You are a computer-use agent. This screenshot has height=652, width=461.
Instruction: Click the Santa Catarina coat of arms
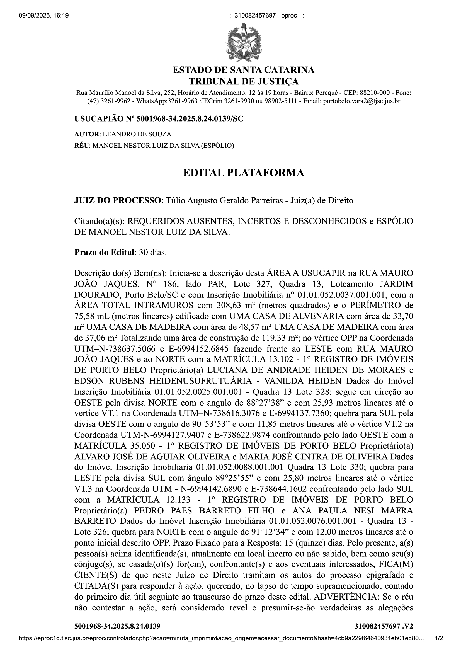point(243,42)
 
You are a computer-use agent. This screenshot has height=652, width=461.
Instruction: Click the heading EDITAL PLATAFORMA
point(244,173)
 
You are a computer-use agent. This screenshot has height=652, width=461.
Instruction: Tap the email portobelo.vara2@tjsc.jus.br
point(362,101)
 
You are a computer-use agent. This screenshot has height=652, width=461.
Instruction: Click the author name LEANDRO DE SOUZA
point(137,134)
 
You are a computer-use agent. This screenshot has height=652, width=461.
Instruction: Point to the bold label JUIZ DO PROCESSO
point(118,200)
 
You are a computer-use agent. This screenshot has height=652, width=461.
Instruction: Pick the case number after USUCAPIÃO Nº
point(190,119)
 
